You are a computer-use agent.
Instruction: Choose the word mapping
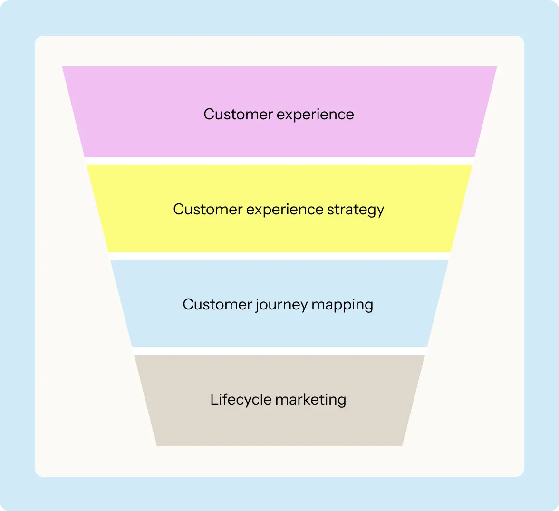(342, 305)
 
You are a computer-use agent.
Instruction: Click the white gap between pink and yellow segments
(279, 161)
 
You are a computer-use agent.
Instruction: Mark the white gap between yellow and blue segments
(279, 256)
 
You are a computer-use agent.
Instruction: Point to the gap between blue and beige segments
(279, 351)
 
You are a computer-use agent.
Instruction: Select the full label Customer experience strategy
(279, 210)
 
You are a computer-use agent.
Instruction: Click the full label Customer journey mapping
(278, 305)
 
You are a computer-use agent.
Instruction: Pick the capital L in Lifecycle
(213, 399)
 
